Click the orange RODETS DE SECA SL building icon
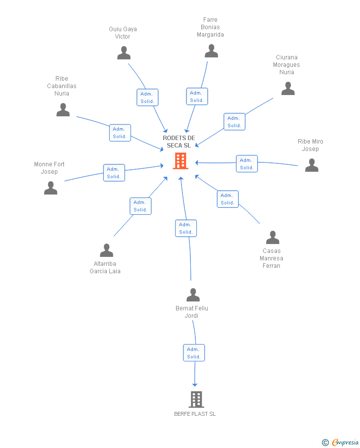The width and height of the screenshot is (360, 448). coord(180,161)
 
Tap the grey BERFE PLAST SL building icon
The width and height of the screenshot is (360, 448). coord(196,399)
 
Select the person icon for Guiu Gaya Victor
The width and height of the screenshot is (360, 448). coord(124,53)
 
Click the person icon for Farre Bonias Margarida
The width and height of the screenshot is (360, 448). coord(211,51)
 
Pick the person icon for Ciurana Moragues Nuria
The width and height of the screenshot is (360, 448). coord(288,88)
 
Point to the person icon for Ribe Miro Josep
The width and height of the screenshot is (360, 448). coord(312,165)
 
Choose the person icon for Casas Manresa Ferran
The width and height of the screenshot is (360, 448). coord(272,237)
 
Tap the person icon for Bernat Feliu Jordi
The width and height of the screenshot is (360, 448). coord(193,295)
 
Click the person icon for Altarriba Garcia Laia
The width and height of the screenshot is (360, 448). coord(106,250)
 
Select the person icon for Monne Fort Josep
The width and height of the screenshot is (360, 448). coord(50,188)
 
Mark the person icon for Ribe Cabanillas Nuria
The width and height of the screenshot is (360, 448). coord(63,110)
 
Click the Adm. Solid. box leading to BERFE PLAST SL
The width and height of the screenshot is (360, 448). coord(194,353)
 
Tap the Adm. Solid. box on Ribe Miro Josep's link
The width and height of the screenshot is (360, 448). coord(247,164)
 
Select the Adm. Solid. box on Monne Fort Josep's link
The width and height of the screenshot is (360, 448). coord(114,173)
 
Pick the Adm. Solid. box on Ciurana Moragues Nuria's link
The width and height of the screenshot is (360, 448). coord(234,122)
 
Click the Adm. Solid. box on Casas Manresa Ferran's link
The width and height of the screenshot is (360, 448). coord(227,199)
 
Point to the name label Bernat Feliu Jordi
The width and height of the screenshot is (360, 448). coord(191,312)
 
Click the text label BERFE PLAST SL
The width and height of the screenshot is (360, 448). coord(195,414)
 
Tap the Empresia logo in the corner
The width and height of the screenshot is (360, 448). coord(340,442)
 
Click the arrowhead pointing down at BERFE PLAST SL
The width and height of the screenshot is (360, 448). coord(195,385)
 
